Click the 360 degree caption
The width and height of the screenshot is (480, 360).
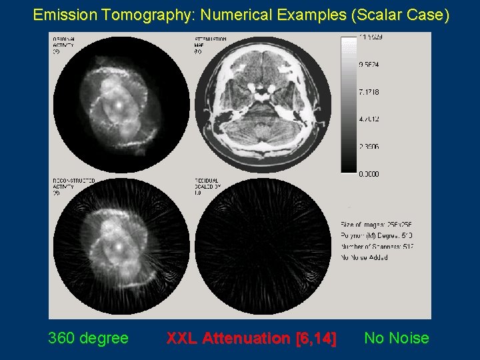pyautogui.click(x=88, y=338)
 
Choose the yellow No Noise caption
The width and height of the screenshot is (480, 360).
pyautogui.click(x=397, y=338)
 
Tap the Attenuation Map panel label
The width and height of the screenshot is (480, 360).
pyautogui.click(x=210, y=45)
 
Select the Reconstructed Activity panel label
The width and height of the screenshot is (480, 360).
pyautogui.click(x=73, y=186)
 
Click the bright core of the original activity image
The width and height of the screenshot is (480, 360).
pyautogui.click(x=117, y=105)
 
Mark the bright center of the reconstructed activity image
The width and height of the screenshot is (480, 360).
pyautogui.click(x=118, y=247)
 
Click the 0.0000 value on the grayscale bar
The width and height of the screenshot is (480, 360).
pyautogui.click(x=369, y=174)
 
